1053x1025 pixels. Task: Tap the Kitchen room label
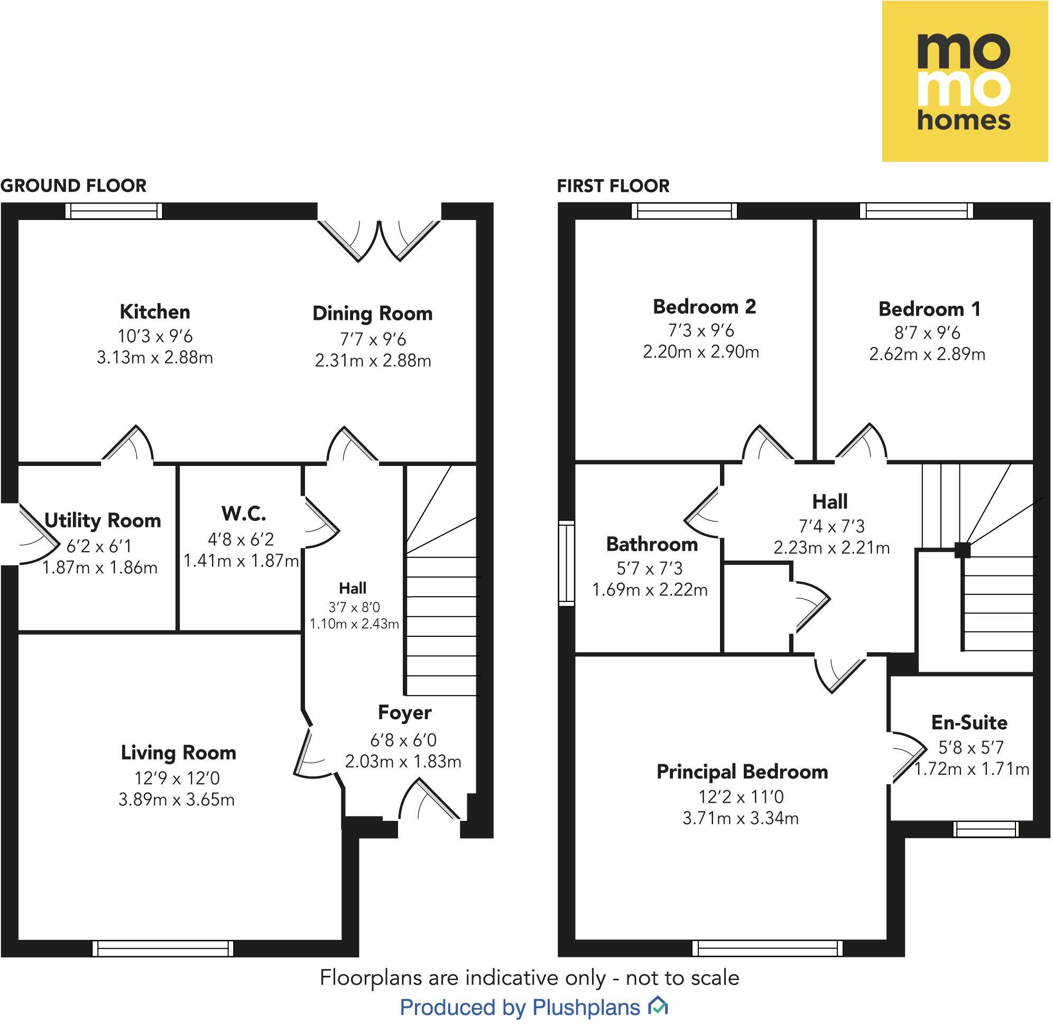[155, 312]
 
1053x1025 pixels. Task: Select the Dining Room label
[372, 314]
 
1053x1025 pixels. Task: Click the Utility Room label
[102, 520]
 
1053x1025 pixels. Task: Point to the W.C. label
[244, 514]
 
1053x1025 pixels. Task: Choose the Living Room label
[178, 753]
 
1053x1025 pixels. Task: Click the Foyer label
[404, 713]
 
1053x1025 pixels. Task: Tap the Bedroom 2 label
[704, 307]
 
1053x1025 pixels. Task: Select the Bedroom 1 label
[929, 309]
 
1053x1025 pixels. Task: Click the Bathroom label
[652, 544]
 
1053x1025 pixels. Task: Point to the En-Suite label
[969, 722]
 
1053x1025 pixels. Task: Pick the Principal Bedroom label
[742, 772]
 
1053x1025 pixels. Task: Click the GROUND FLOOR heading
[73, 186]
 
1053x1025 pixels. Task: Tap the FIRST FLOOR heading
[613, 186]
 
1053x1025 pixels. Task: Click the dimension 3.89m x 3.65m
[177, 800]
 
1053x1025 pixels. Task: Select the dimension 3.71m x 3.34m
[741, 819]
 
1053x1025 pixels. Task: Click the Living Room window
[163, 948]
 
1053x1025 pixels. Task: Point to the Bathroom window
[567, 563]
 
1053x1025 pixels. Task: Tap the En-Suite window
[986, 829]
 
